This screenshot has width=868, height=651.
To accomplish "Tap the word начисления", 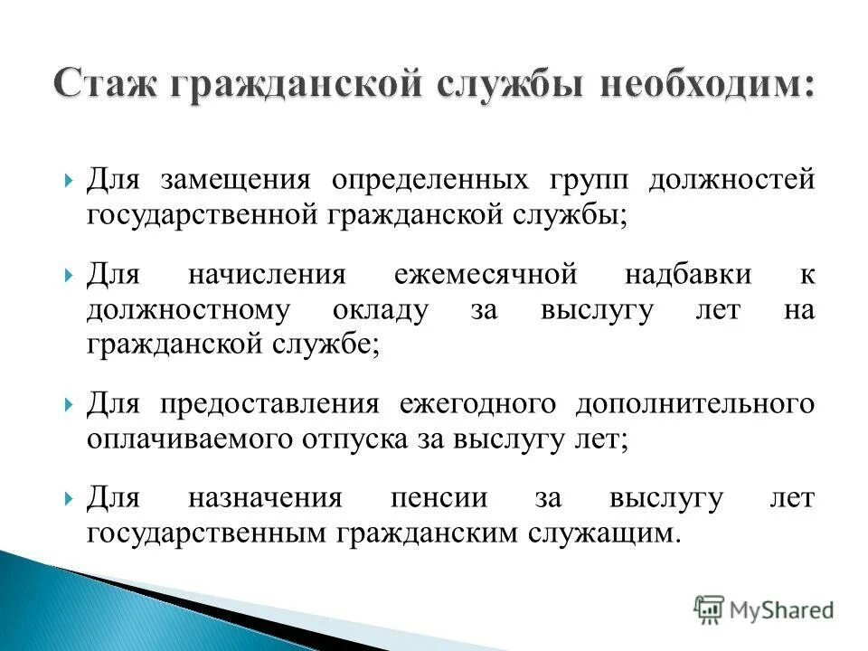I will pos(267,274).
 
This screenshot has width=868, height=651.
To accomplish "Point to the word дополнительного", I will pos(695,403).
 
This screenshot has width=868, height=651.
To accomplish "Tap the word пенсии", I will pos(439,498).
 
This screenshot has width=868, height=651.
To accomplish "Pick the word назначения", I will pos(265,498).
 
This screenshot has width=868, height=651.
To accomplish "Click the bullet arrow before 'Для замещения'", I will pos(70,180).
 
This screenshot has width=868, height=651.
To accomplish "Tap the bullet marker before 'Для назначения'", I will pos(70,499).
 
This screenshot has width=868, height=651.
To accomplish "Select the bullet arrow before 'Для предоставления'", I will pos(70,404).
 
